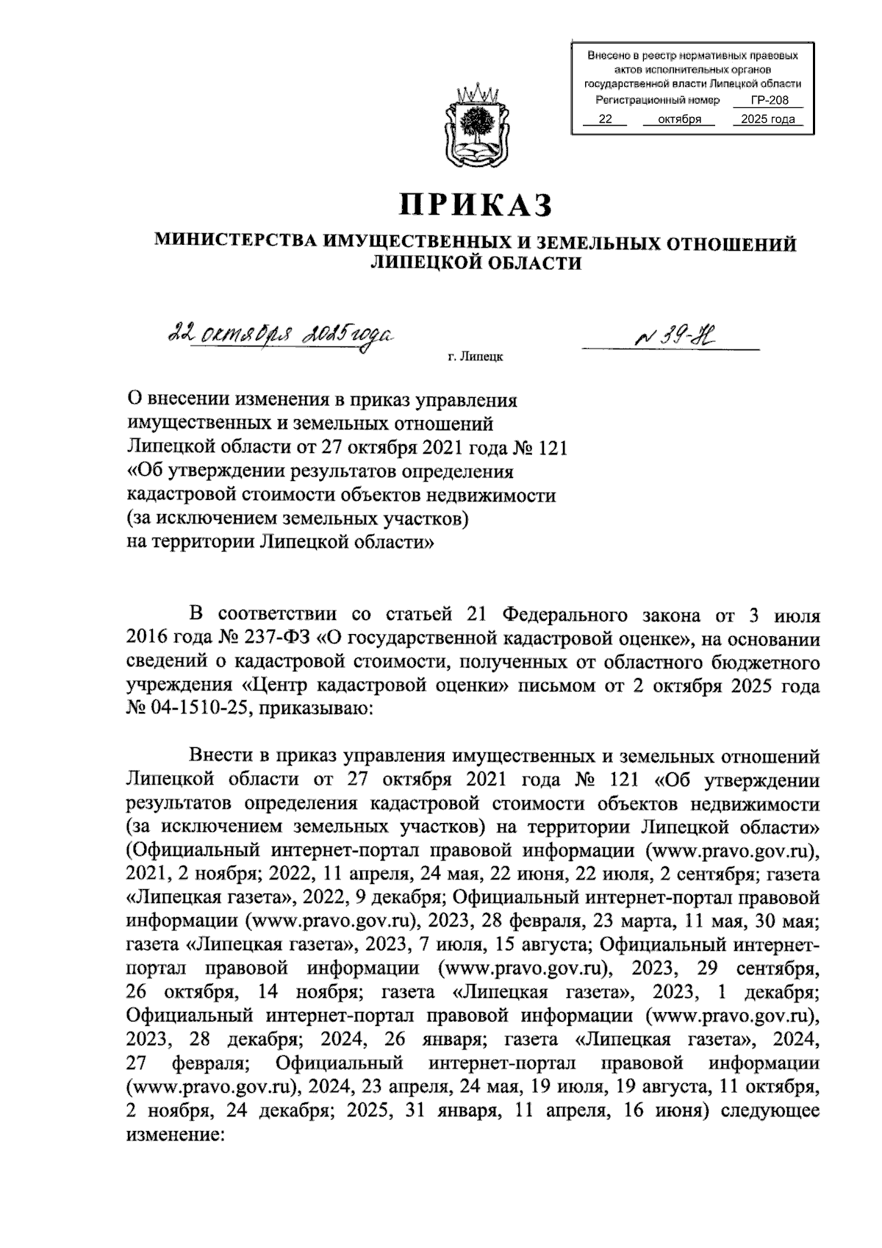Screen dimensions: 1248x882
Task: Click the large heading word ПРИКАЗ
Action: tap(475, 205)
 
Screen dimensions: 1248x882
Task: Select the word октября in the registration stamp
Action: tap(678, 119)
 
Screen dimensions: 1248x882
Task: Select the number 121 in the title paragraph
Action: tap(551, 448)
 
